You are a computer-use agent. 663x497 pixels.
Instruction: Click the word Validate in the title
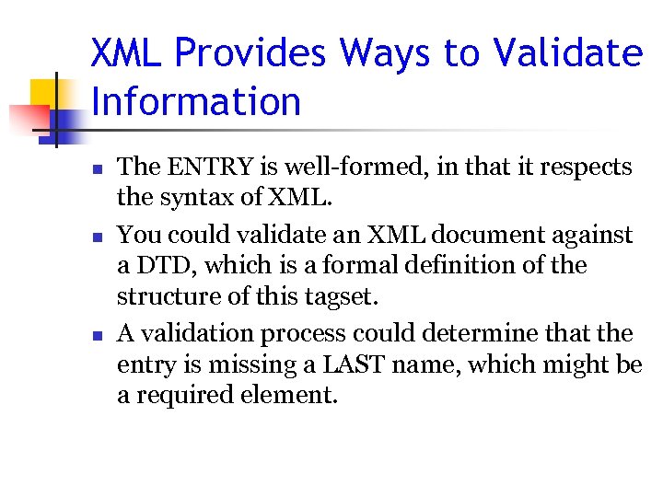point(567,52)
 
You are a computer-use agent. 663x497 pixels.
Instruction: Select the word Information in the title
point(196,101)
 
